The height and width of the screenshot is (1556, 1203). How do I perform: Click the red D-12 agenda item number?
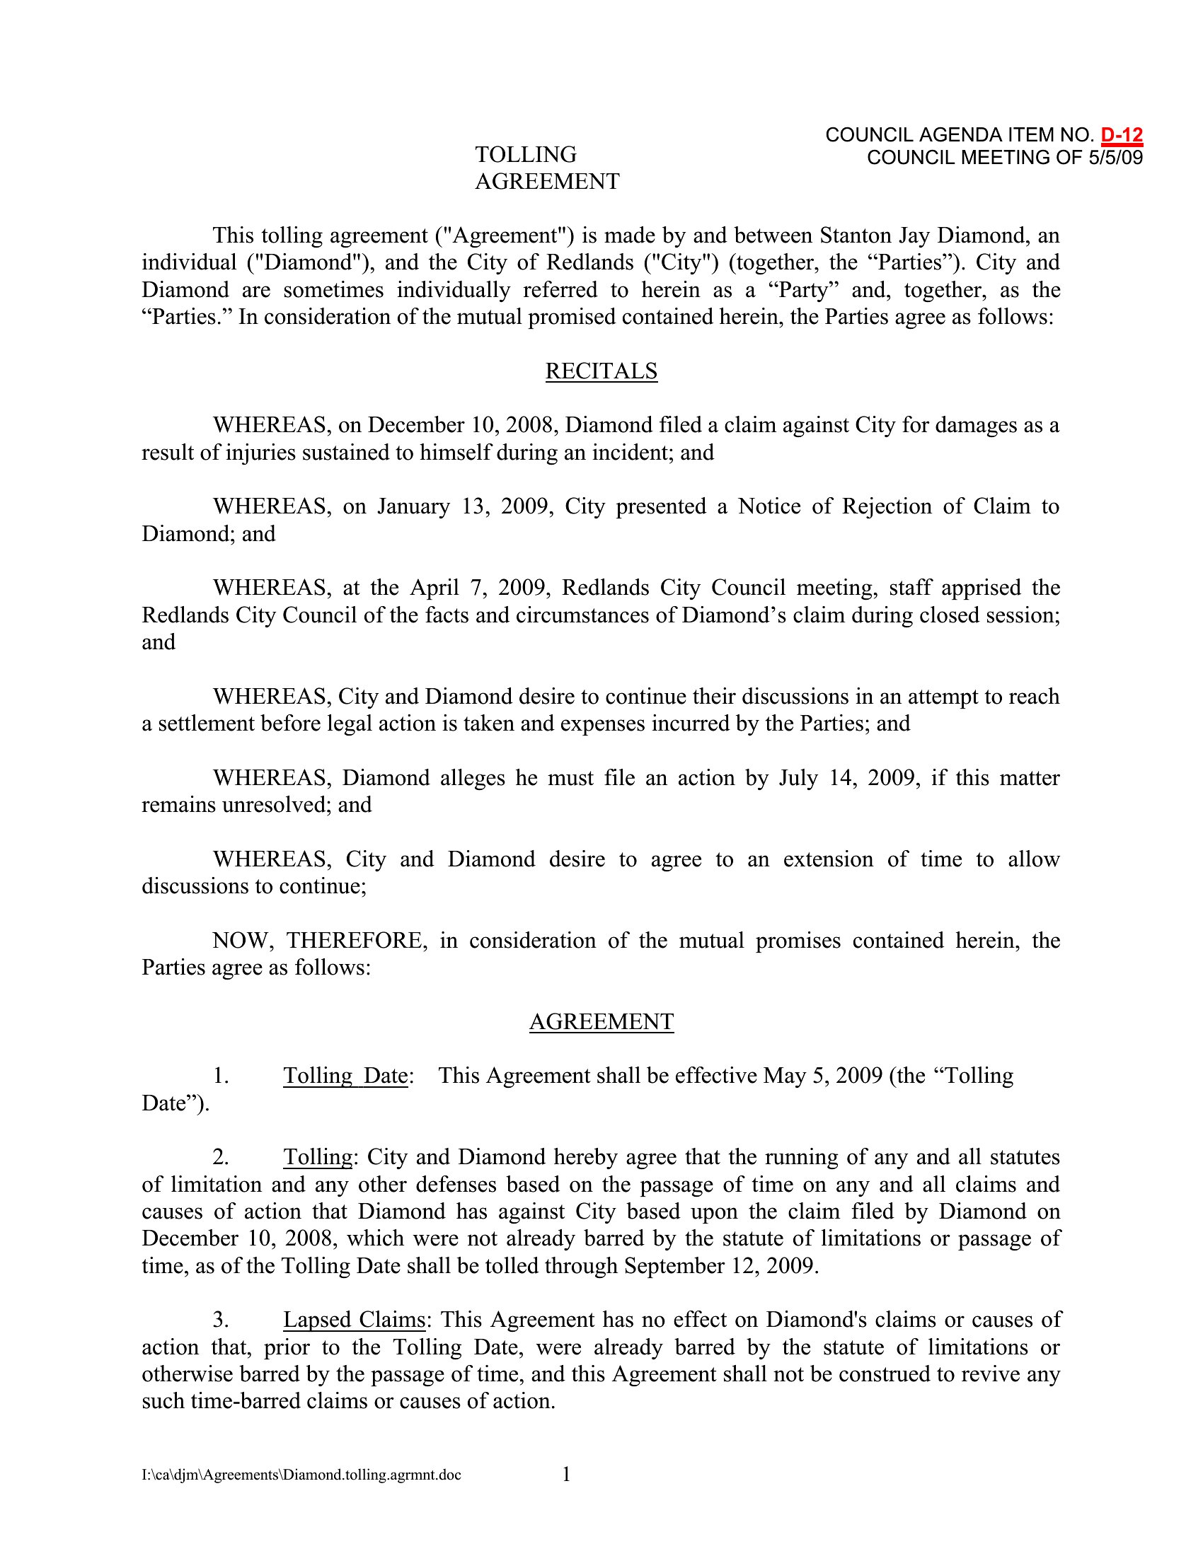pos(1121,134)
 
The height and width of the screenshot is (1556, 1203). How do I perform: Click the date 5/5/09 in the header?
pos(1115,158)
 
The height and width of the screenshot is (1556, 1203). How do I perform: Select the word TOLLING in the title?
pos(526,155)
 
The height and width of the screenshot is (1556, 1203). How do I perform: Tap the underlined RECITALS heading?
pos(601,371)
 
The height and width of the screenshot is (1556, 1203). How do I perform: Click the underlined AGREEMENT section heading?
pos(601,1022)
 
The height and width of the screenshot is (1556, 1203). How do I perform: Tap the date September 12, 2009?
pos(720,1265)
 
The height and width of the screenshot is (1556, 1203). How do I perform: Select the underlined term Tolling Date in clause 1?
pos(345,1075)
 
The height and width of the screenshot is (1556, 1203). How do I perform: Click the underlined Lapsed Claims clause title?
pos(355,1320)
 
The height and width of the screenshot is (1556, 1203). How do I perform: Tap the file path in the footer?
pos(301,1475)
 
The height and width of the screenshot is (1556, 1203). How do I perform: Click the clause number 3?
pos(220,1320)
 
